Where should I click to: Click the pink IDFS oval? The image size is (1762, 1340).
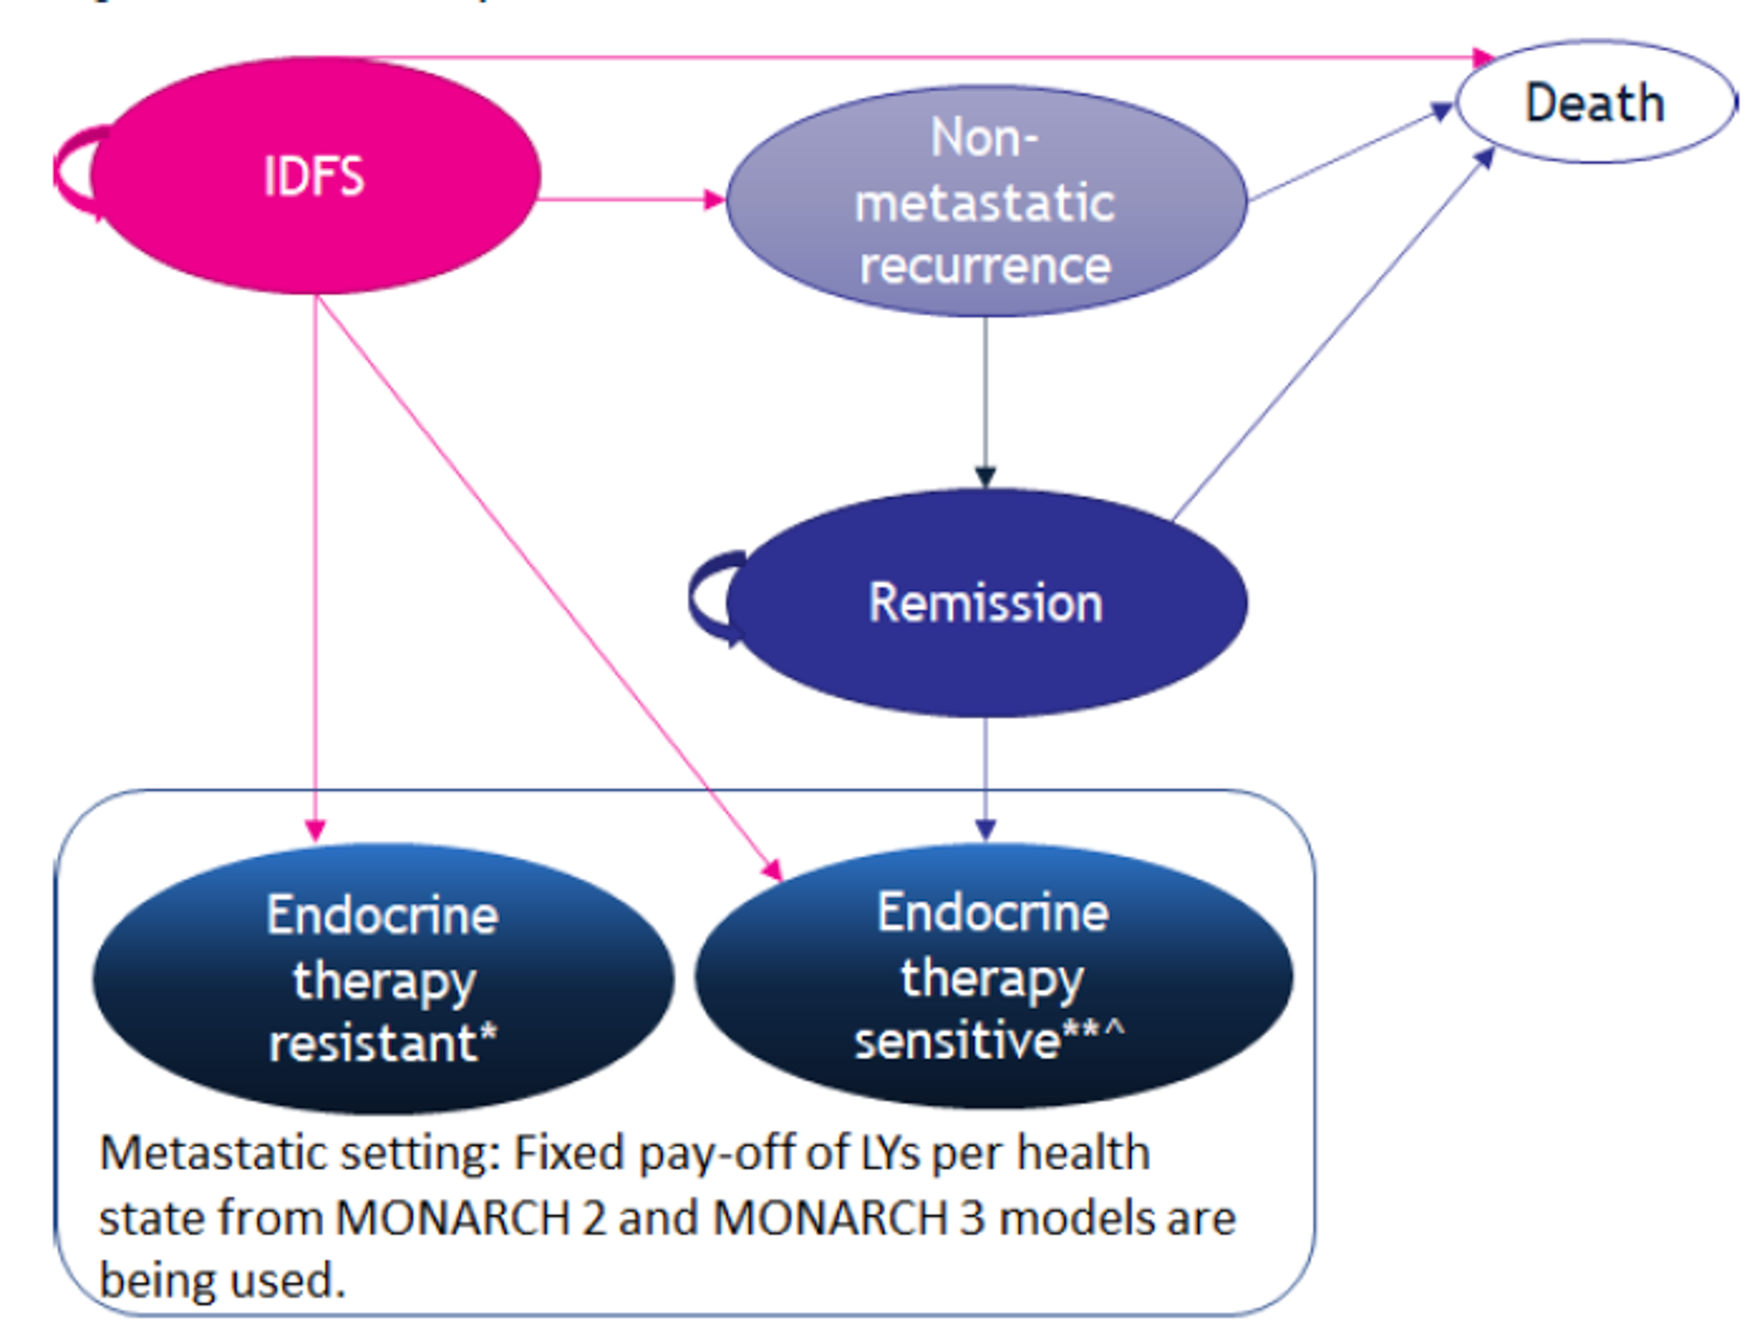coord(314,175)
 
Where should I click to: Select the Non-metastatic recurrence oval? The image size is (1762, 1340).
coord(984,201)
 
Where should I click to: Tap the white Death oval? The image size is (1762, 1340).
coord(1594,103)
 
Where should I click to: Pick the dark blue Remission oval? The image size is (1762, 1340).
coord(984,602)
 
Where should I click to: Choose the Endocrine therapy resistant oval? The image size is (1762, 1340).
coord(382,979)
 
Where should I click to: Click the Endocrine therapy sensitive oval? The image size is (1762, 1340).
coord(993,976)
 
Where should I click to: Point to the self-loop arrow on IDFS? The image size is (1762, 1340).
coord(70,172)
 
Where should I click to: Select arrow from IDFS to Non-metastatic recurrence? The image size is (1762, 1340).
coord(629,199)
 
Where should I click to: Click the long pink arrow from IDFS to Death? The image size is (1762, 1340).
coord(910,58)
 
